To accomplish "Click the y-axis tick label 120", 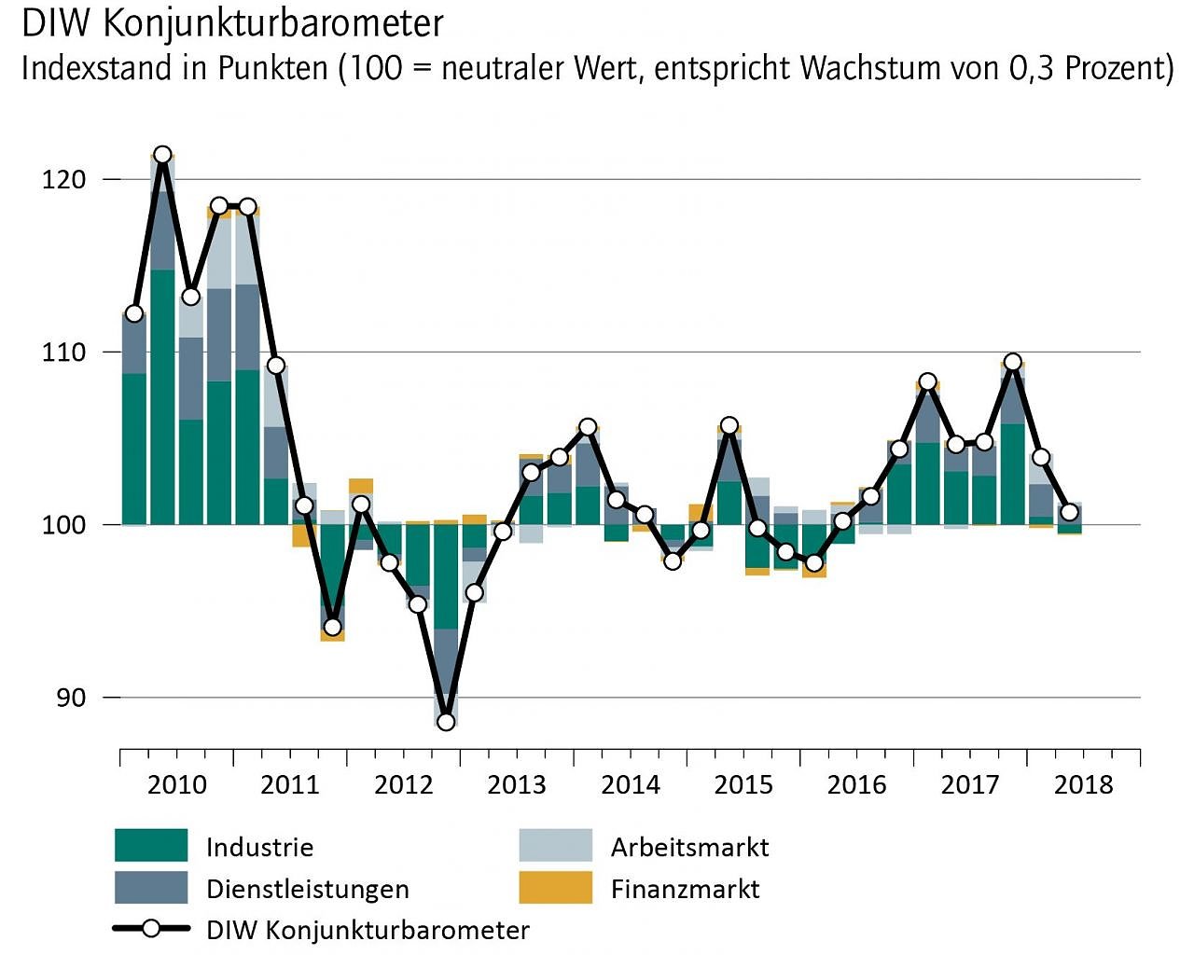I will pyautogui.click(x=63, y=179).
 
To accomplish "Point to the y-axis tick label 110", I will pyautogui.click(x=63, y=353).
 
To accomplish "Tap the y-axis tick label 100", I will pyautogui.click(x=63, y=524).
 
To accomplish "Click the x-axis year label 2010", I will pyautogui.click(x=176, y=784).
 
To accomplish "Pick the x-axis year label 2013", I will pyautogui.click(x=516, y=784).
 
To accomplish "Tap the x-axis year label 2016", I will pyautogui.click(x=856, y=784).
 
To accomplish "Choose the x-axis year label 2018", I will pyautogui.click(x=1083, y=784).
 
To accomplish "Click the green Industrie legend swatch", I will pyautogui.click(x=151, y=845).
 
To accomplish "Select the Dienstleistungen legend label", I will pyautogui.click(x=307, y=889).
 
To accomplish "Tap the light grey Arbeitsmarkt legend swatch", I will pyautogui.click(x=555, y=845).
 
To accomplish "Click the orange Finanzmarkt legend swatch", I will pyautogui.click(x=555, y=888).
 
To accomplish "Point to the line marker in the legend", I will pyautogui.click(x=151, y=929).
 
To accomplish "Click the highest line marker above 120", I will pyautogui.click(x=162, y=155).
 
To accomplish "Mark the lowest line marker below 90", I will pyautogui.click(x=446, y=721).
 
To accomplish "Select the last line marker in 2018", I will pyautogui.click(x=1069, y=512).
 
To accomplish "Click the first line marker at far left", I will pyautogui.click(x=134, y=313).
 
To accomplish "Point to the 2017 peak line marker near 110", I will pyautogui.click(x=1012, y=362).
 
